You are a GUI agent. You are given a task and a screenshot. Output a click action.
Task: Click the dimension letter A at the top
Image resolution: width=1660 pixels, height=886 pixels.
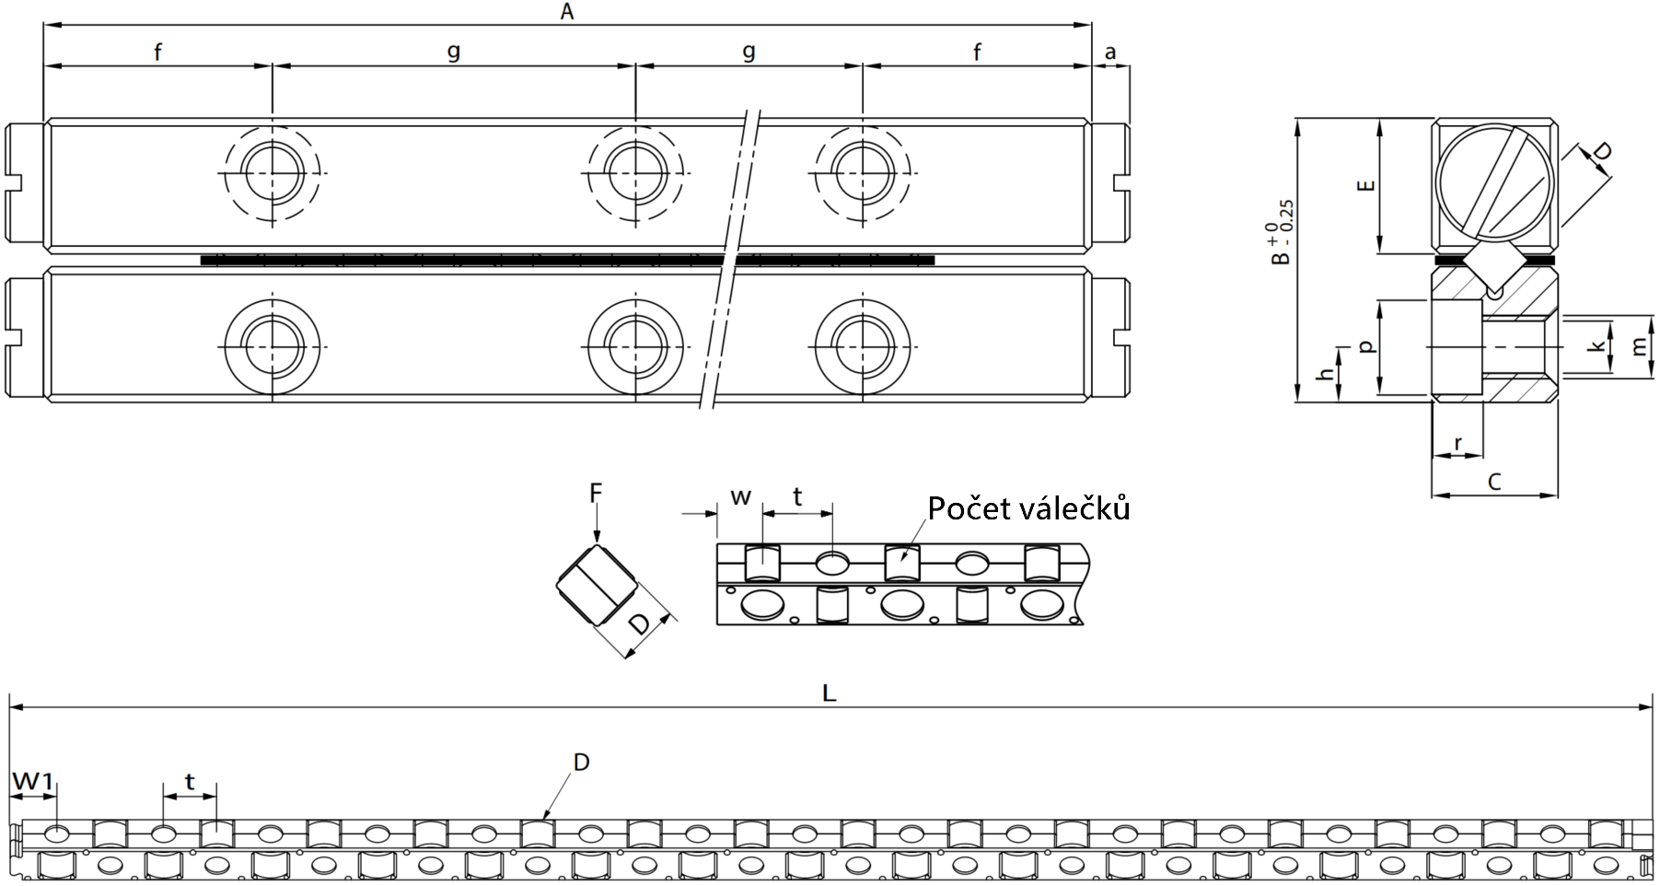(567, 11)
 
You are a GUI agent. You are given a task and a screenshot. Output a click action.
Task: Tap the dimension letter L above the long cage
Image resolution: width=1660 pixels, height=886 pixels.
(829, 693)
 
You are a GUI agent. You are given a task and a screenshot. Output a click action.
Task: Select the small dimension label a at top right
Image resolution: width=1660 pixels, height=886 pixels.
(1110, 52)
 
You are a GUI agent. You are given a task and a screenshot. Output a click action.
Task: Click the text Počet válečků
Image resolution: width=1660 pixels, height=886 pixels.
(1028, 508)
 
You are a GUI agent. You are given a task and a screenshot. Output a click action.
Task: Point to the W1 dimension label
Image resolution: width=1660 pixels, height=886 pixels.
(32, 782)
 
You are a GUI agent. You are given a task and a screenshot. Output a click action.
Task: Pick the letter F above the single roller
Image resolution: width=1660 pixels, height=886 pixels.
(596, 494)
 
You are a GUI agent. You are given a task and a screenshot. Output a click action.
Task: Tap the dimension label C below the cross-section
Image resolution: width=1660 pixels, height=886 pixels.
(1494, 481)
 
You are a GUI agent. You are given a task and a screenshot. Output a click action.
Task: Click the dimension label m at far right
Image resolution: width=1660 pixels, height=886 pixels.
(1639, 346)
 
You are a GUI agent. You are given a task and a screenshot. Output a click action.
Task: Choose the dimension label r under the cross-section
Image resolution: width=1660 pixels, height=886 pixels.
(1458, 444)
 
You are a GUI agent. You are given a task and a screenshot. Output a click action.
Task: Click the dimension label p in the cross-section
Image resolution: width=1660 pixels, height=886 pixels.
(1367, 347)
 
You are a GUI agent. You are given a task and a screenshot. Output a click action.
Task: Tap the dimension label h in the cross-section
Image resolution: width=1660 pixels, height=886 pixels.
(1325, 375)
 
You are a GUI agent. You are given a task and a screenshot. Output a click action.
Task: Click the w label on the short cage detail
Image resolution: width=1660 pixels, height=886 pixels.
(740, 498)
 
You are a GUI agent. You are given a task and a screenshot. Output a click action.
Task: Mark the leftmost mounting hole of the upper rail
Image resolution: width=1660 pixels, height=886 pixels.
(273, 172)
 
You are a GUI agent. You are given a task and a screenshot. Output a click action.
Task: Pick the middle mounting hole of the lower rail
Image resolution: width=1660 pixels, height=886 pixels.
(635, 345)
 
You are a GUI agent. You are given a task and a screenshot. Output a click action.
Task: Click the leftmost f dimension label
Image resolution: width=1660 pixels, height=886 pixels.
(157, 52)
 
